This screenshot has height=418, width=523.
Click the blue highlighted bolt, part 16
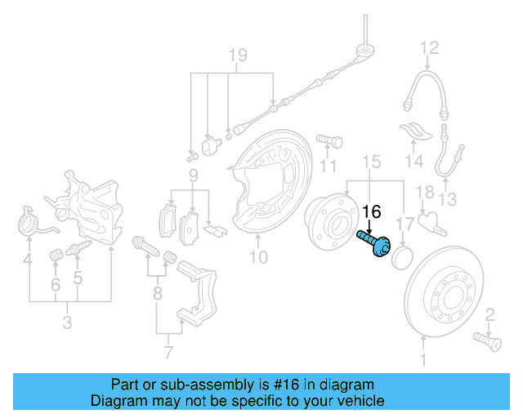(374, 242)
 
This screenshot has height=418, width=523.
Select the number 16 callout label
(371, 212)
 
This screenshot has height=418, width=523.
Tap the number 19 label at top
(236, 56)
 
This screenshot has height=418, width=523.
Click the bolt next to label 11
(327, 143)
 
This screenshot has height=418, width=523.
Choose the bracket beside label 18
(430, 221)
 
